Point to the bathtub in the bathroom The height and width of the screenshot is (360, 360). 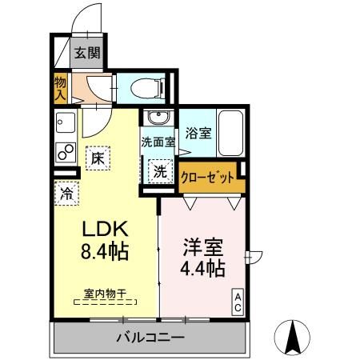pyautogui.click(x=231, y=134)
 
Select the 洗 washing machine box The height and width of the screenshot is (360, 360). pyautogui.click(x=160, y=170)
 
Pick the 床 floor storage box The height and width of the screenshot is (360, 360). pyautogui.click(x=97, y=158)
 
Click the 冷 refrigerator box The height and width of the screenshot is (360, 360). pyautogui.click(x=66, y=192)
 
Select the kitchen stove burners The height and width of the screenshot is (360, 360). pyautogui.click(x=62, y=150)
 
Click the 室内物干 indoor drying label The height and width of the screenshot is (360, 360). pyautogui.click(x=104, y=293)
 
